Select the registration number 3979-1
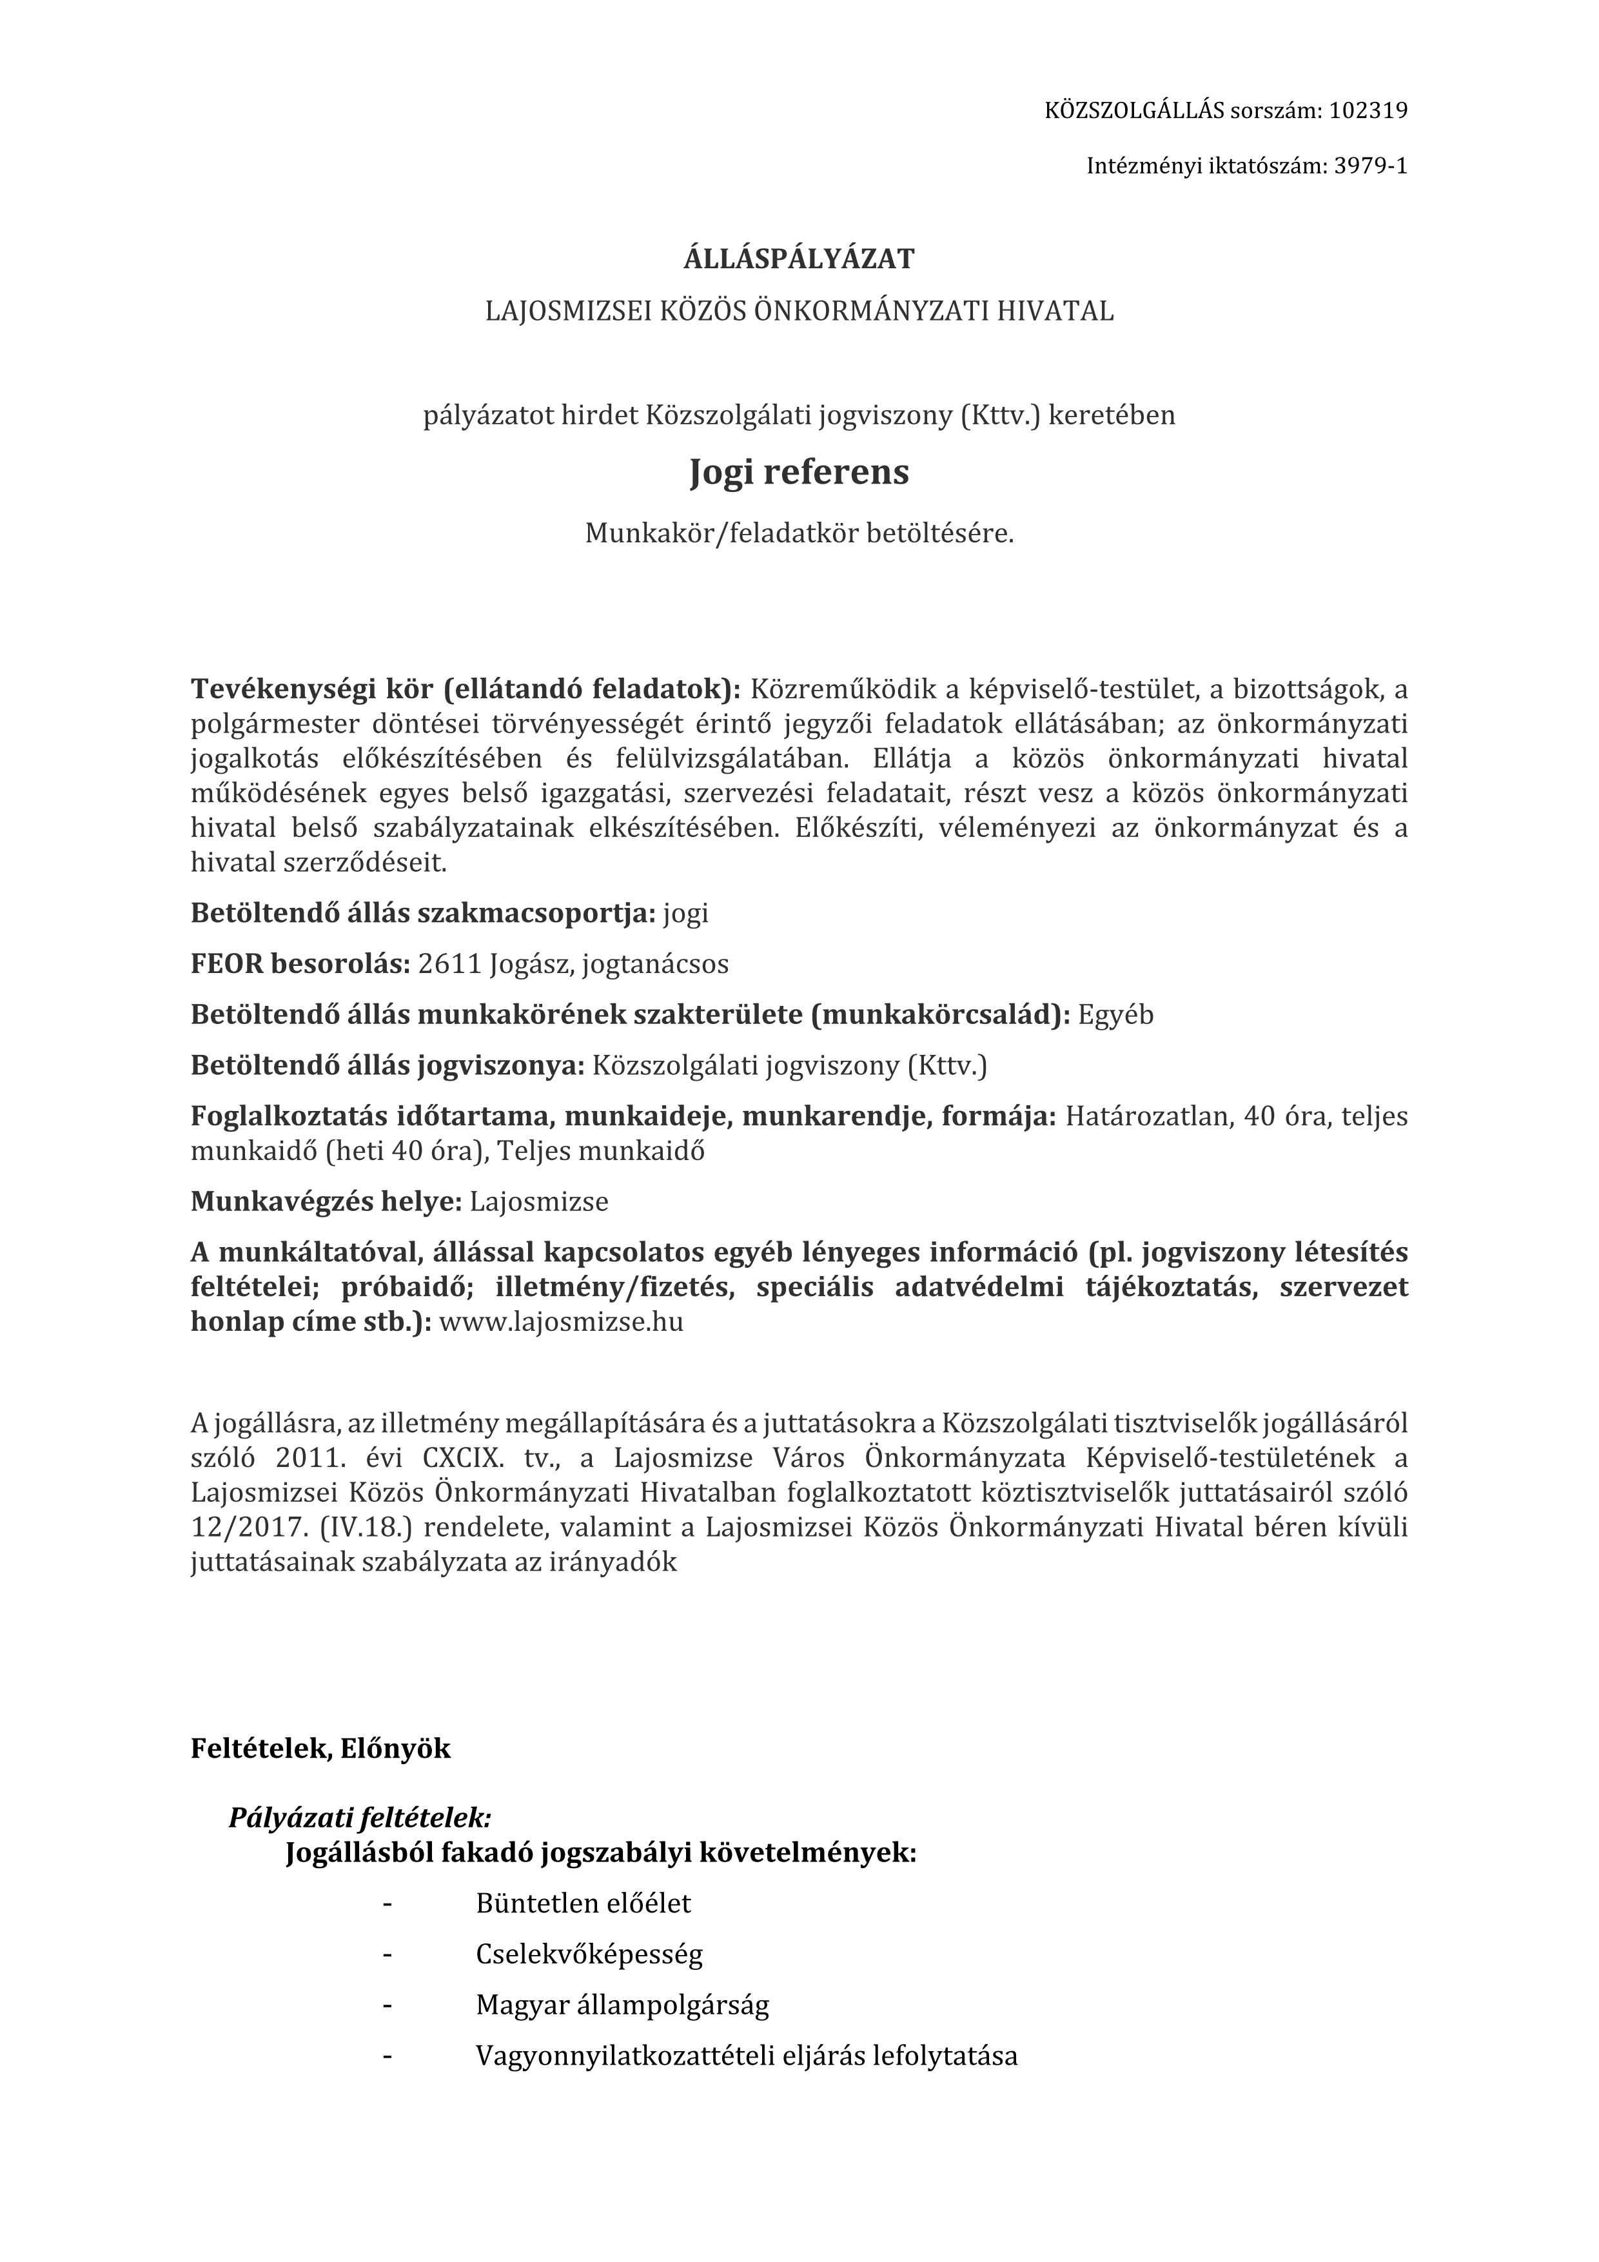[1370, 166]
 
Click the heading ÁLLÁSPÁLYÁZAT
[799, 259]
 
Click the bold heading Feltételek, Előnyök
[320, 1749]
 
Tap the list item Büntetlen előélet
[584, 1902]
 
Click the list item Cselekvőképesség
[589, 1954]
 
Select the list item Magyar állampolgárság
[623, 2005]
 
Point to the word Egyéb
[1115, 1015]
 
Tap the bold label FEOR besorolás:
[300, 963]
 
